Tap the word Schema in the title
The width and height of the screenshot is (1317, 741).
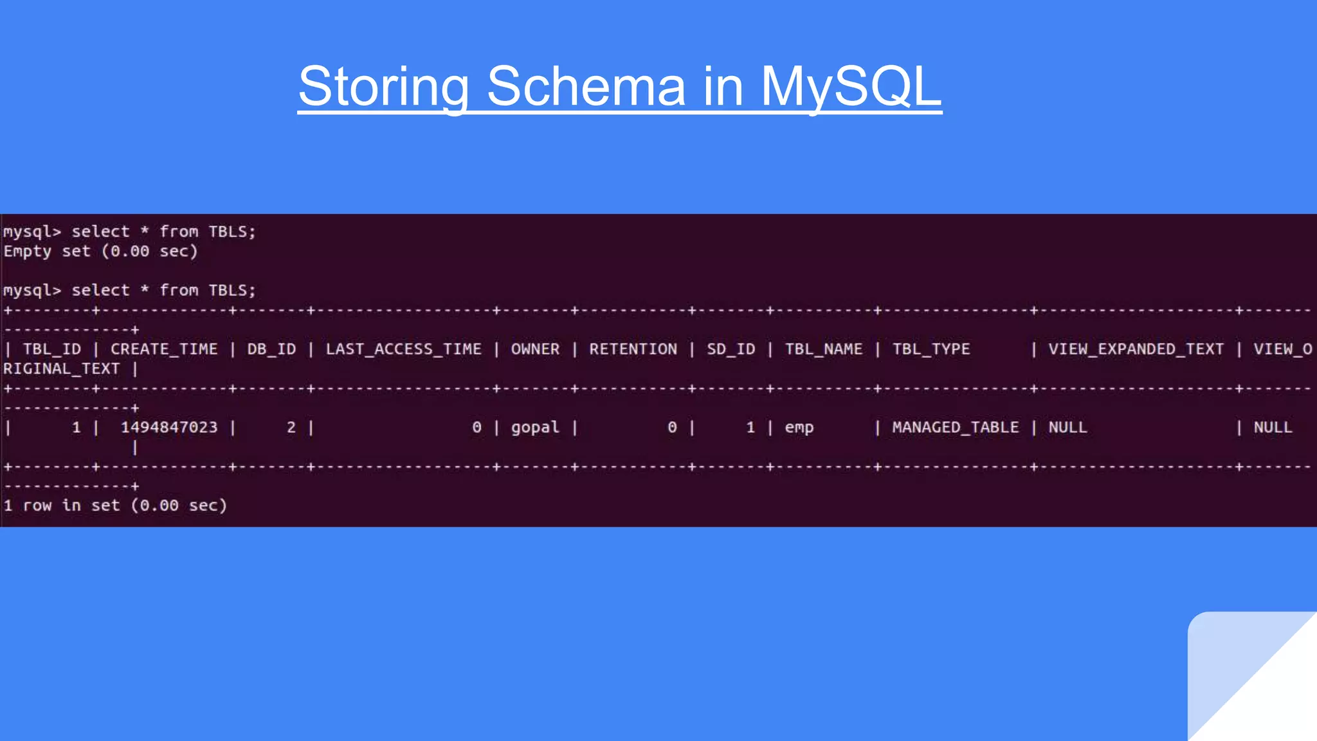[x=586, y=87]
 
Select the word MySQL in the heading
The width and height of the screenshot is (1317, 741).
[x=851, y=87]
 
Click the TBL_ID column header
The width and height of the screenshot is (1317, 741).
[x=52, y=349]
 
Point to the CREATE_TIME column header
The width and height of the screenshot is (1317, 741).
[x=164, y=349]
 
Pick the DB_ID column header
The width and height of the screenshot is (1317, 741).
[x=271, y=349]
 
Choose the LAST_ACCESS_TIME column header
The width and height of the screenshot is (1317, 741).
[x=403, y=349]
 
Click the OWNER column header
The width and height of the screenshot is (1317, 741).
[x=535, y=349]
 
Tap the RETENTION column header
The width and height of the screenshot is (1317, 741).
[x=633, y=349]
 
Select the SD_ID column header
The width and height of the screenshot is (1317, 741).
[x=731, y=349]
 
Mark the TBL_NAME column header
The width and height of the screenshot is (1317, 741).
[x=824, y=349]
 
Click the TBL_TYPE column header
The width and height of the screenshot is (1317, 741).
[x=931, y=349]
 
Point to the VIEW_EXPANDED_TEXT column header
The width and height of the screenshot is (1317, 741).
[x=1136, y=349]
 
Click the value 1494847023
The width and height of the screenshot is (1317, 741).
[x=169, y=428]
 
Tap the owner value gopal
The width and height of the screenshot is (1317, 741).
[x=535, y=428]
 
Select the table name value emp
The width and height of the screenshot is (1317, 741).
[x=799, y=428]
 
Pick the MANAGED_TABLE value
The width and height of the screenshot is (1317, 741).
[x=955, y=428]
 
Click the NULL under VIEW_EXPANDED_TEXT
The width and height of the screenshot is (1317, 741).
[x=1067, y=428]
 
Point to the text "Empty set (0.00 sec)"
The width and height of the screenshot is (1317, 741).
[x=100, y=252]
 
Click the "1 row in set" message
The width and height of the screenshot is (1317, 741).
[x=115, y=506]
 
